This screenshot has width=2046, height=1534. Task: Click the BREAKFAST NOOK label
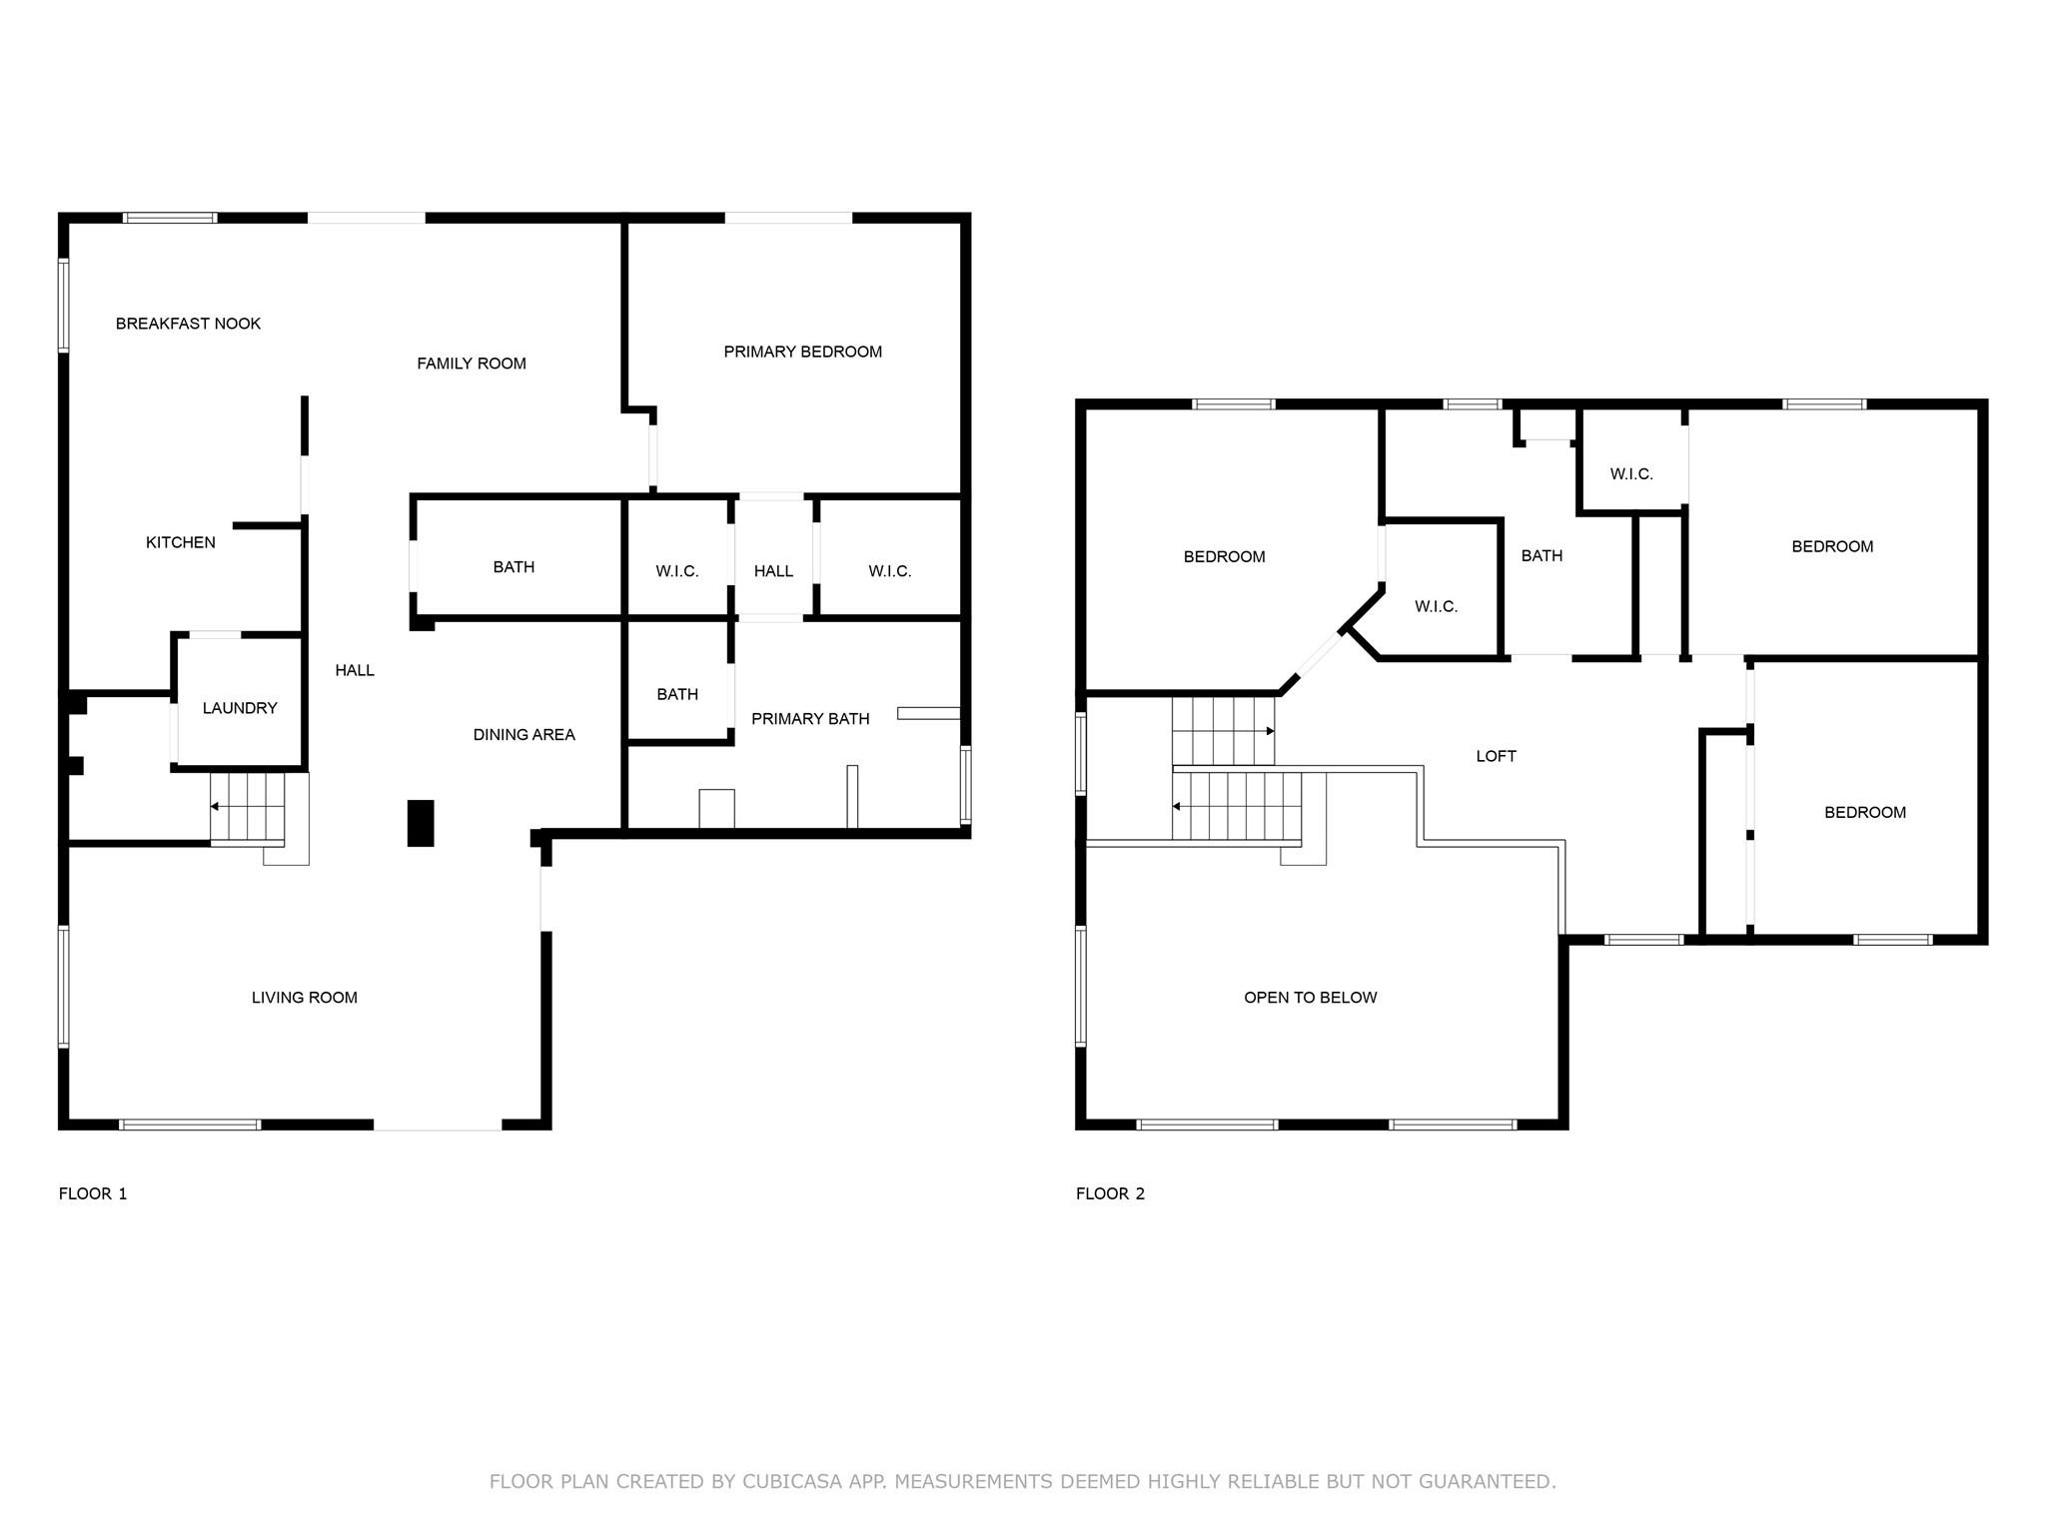pos(188,324)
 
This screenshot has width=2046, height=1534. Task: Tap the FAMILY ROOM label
pos(472,364)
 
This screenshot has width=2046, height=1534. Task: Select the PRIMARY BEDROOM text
pos(803,352)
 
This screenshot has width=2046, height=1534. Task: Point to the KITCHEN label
pos(181,542)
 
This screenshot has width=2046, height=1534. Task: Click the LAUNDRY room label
pos(240,708)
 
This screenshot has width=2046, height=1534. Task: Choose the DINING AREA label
pos(524,735)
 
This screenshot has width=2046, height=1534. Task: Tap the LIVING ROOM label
pos(305,998)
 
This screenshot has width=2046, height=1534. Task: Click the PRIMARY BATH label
pos(810,719)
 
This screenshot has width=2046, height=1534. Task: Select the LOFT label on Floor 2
pos(1497,756)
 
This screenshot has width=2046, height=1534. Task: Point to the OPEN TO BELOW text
pos(1311,998)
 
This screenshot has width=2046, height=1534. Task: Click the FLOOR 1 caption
pos(93,1193)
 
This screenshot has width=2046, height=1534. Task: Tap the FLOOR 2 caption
pos(1110,1193)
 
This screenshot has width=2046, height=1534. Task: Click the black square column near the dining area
pos(421,823)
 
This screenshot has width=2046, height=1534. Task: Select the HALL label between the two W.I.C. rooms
pos(773,571)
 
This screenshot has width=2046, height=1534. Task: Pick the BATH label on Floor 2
pos(1541,555)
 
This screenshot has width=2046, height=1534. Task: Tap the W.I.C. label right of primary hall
pos(889,571)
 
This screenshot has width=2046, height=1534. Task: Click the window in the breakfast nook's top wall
pos(170,218)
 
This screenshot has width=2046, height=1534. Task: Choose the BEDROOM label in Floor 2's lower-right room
pos(1865,813)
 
